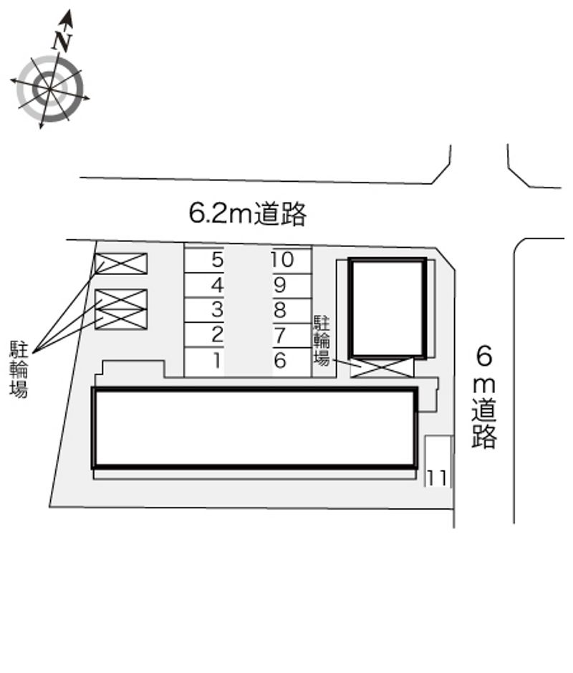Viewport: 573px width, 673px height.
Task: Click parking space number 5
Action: (x=204, y=259)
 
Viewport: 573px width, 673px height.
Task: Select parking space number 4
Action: (x=204, y=284)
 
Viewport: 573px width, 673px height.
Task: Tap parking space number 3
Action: (x=204, y=309)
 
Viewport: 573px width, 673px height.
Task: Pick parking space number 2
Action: (x=204, y=335)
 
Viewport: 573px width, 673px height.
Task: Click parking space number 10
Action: (x=292, y=261)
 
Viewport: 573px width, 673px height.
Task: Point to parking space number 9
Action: (x=292, y=286)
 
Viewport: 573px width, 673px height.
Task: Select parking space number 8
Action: (x=292, y=311)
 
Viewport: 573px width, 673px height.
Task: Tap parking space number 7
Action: (x=292, y=336)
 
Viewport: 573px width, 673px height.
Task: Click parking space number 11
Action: (x=438, y=461)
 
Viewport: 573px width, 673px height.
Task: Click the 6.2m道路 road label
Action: (x=248, y=213)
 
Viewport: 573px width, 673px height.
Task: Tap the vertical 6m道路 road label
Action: (x=484, y=397)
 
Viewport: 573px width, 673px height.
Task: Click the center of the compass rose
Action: (x=50, y=89)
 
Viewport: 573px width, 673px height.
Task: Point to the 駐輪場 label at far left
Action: (x=19, y=369)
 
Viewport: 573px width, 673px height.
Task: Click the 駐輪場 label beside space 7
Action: (x=322, y=341)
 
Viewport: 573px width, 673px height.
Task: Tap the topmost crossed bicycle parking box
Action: (x=121, y=263)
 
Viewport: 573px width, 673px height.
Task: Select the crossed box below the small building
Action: (x=382, y=367)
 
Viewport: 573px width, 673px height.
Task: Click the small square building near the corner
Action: (x=387, y=307)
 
